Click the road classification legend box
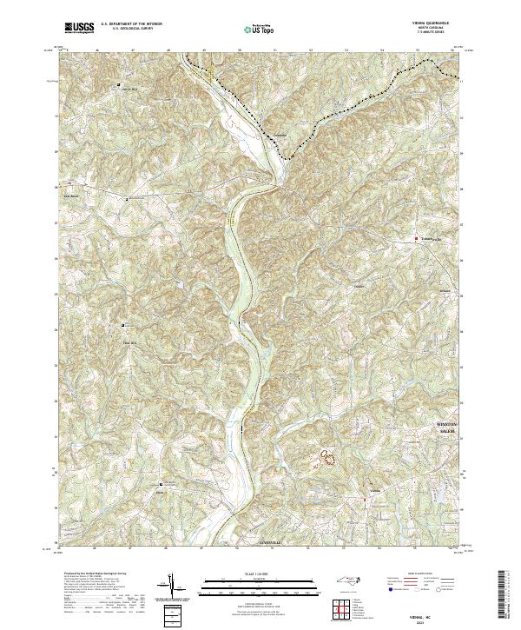(x=429, y=583)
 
